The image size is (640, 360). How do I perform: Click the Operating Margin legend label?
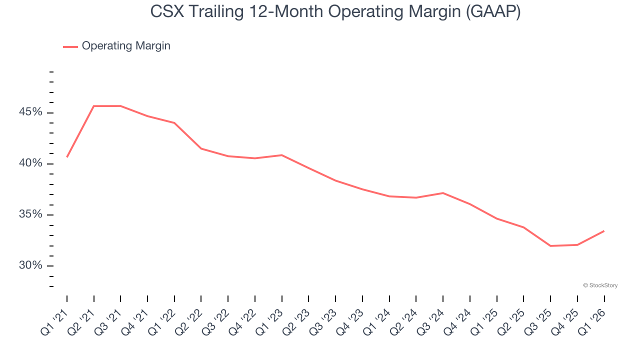tap(126, 46)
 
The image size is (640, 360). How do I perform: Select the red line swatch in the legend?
tap(70, 46)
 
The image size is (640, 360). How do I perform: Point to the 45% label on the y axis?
tap(30, 112)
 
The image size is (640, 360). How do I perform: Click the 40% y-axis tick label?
tap(30, 163)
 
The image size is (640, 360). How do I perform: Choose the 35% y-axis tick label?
tap(30, 214)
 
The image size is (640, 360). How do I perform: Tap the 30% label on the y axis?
tap(30, 265)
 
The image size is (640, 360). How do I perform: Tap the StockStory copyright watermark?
tap(600, 285)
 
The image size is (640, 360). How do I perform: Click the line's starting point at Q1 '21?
tap(67, 157)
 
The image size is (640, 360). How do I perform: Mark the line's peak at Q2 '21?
tap(94, 106)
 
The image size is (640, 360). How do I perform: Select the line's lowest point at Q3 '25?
tap(550, 246)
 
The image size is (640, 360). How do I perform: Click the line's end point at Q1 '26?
tap(604, 231)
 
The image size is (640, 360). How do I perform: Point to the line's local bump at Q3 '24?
tap(443, 193)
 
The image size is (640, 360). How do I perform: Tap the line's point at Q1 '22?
tap(174, 123)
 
